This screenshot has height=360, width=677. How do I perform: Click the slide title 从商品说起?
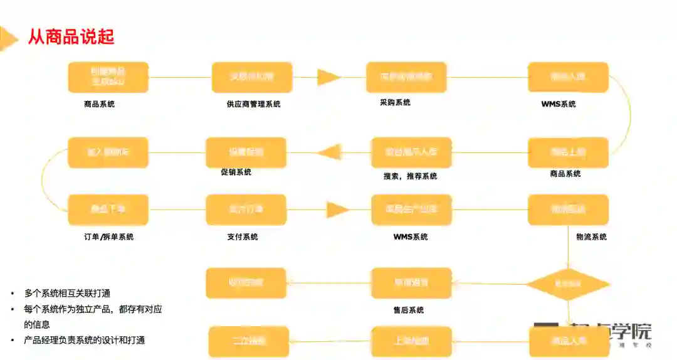coord(71,36)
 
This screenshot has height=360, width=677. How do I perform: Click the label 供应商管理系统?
coord(253,104)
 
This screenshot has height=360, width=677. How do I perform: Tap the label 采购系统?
coord(395,102)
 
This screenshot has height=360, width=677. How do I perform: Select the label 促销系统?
coord(236,172)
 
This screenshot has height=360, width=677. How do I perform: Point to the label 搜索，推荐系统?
coord(410,176)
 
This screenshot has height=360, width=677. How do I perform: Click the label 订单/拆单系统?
coord(108,236)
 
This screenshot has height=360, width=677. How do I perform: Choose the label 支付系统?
coord(242,236)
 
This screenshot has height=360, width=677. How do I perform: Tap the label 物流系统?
coord(591,236)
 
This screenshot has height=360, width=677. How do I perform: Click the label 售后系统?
coord(407,310)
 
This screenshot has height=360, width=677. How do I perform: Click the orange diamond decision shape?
coord(568,284)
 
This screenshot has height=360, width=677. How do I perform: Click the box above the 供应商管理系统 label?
coord(252,77)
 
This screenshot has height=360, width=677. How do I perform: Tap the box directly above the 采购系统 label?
coord(406,77)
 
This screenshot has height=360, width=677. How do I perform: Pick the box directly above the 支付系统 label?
coord(246,209)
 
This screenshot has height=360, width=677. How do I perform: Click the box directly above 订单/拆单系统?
coord(108,209)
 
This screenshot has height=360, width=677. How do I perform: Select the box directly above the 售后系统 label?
coord(411,283)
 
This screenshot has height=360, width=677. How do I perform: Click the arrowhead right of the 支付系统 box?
coord(337,209)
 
